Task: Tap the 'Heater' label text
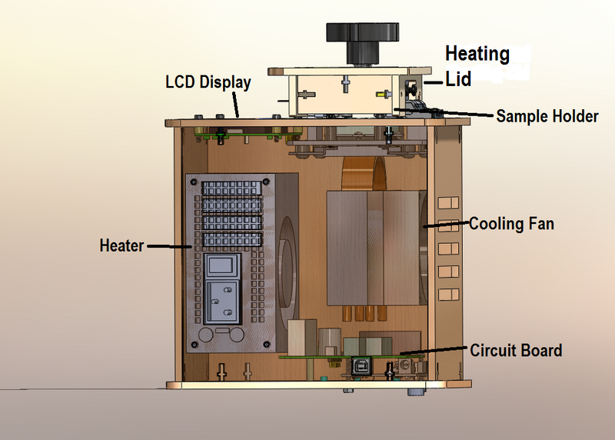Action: [121, 246]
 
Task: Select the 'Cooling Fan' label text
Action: [511, 225]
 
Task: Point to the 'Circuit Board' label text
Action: [516, 351]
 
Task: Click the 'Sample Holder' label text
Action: [547, 116]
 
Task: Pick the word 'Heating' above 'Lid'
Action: [477, 54]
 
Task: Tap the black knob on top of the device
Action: [364, 35]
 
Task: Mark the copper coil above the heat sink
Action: [363, 174]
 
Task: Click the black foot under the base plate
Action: [415, 392]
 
